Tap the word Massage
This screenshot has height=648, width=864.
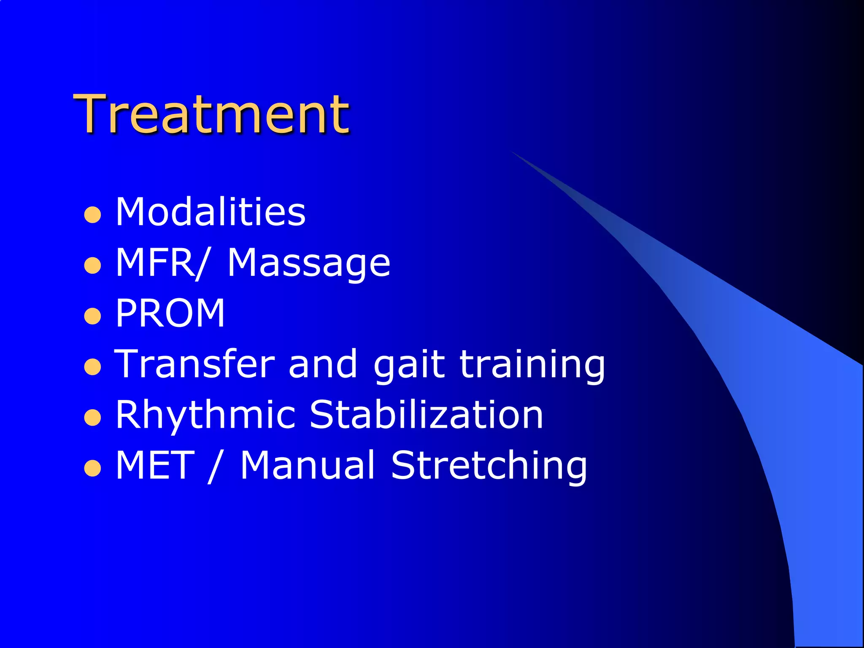(x=309, y=264)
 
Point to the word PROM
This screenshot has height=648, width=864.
(x=170, y=313)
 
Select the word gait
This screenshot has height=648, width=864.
(x=409, y=365)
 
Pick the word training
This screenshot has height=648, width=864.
(x=532, y=365)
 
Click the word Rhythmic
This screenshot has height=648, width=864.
(x=205, y=415)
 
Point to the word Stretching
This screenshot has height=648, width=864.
(x=489, y=466)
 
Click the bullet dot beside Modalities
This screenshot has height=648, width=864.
(x=92, y=215)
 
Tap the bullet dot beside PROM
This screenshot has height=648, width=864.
(x=92, y=316)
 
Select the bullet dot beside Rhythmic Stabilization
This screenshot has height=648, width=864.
(x=92, y=418)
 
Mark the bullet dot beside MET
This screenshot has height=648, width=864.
(x=92, y=468)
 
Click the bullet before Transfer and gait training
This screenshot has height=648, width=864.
(x=92, y=367)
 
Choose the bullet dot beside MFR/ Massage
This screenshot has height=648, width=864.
(x=92, y=266)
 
